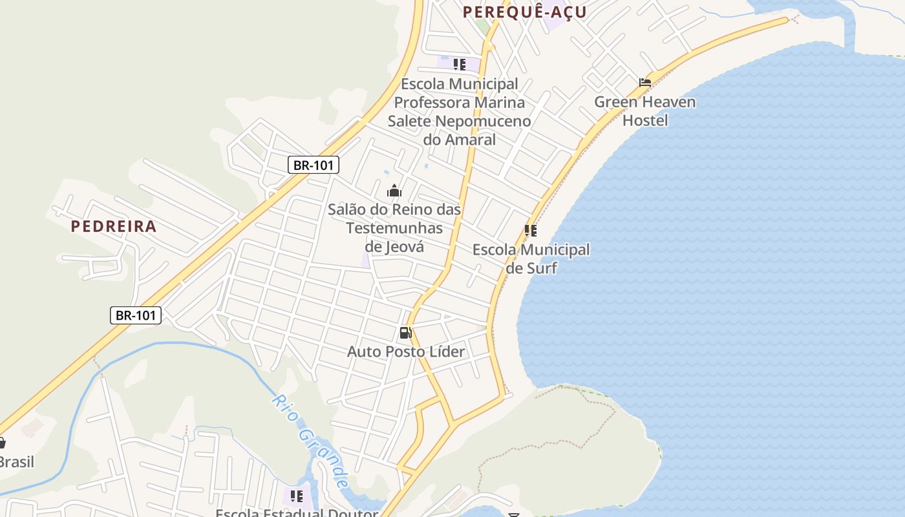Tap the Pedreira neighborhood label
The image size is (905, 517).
tap(114, 226)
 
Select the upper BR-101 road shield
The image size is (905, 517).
tap(314, 165)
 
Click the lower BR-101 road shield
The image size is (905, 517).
tap(135, 315)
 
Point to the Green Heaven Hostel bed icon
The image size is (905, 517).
tap(645, 83)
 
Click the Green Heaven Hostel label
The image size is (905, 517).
tap(645, 111)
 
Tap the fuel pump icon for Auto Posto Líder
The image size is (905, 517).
tap(405, 333)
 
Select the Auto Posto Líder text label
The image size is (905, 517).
tap(406, 352)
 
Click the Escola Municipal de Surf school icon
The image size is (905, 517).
tap(531, 231)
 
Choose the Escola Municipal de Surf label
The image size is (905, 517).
tap(531, 258)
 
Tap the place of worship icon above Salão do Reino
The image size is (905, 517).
tap(394, 191)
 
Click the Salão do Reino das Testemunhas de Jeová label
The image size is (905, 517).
tap(394, 227)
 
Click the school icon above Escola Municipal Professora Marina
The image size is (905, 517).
tap(460, 65)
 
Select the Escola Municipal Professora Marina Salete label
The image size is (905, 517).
tap(460, 111)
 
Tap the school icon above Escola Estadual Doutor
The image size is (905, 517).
tap(297, 496)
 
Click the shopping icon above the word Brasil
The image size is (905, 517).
tap(2, 443)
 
